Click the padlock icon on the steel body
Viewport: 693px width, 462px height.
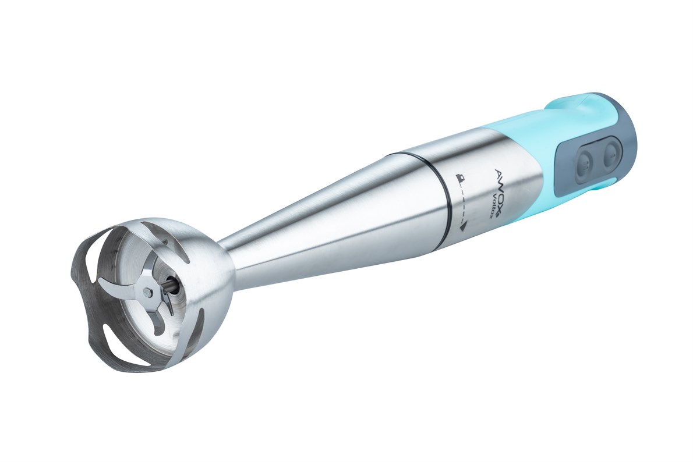click(460, 179)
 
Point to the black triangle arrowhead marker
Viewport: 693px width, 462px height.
click(463, 227)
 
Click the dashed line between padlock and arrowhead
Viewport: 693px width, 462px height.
click(462, 202)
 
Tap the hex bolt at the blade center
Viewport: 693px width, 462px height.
click(148, 292)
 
